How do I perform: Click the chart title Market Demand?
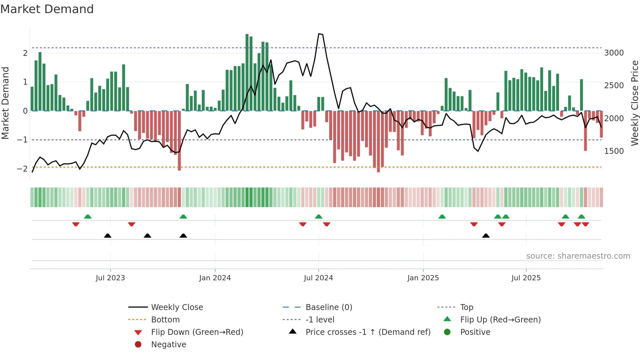click(47, 9)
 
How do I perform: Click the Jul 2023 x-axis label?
click(110, 278)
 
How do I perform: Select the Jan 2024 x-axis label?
click(215, 278)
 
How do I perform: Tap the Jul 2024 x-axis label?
click(318, 278)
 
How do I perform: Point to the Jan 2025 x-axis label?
click(423, 278)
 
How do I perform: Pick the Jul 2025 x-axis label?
click(526, 278)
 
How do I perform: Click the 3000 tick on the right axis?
click(614, 53)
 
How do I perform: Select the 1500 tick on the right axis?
click(614, 151)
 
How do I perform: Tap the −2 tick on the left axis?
click(22, 169)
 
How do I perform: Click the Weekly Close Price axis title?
click(634, 103)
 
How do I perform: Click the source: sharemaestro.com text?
click(578, 256)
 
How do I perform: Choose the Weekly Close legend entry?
click(177, 307)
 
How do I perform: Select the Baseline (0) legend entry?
click(328, 307)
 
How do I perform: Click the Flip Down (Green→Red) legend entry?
click(197, 332)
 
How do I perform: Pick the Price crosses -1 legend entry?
click(368, 332)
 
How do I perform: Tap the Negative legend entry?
click(168, 345)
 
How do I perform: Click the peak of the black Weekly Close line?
click(319, 34)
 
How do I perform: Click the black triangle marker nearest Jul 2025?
click(486, 236)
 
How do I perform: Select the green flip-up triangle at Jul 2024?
click(319, 217)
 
